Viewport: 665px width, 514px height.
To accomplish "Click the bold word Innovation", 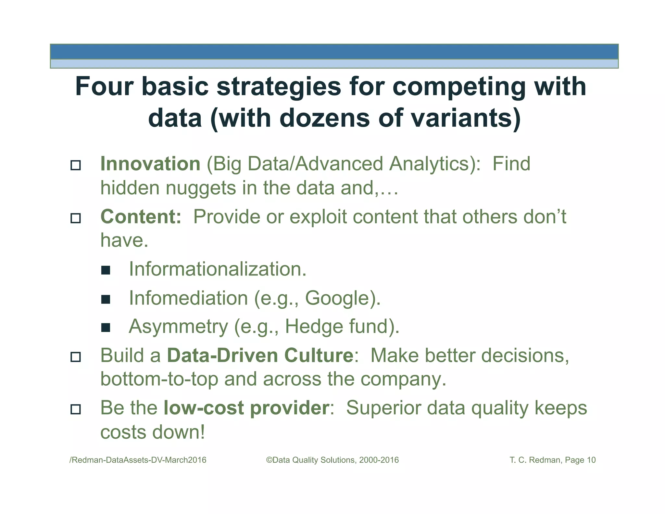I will coord(150,163).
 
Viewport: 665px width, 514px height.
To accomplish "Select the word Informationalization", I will coord(218,269).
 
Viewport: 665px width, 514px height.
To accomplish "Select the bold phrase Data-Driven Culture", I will coord(260,355).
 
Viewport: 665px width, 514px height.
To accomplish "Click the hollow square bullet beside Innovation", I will coord(76,165).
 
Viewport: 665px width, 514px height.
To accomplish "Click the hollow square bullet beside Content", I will coord(76,218).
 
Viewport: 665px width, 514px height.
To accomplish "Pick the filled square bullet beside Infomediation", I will coord(106,299).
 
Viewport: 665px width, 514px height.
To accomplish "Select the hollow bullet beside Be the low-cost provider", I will coord(76,409).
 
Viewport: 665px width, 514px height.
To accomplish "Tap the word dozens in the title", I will coord(324,118).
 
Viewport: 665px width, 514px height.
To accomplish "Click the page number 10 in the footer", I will coord(591,460).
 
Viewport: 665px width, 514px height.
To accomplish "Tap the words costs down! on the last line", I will coord(153,432).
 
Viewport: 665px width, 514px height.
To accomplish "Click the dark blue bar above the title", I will coord(334,52).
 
